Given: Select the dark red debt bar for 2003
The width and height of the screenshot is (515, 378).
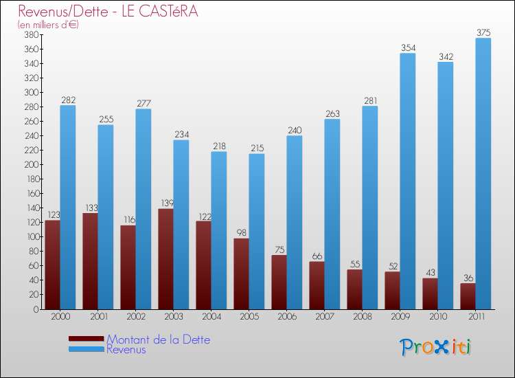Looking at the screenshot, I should [x=165, y=259].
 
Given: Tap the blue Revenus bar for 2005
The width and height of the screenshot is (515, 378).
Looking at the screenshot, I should [x=257, y=231].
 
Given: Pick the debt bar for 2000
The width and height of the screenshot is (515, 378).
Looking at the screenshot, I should [x=52, y=265].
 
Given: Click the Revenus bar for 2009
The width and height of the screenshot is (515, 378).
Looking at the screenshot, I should [x=408, y=181].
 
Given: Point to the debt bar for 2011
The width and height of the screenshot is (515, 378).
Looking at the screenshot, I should [x=468, y=296].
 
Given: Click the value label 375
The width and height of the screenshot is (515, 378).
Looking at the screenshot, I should [x=483, y=32].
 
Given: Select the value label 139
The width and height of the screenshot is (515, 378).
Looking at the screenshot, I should [x=165, y=203].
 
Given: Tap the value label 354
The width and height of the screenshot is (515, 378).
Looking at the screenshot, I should [x=408, y=47].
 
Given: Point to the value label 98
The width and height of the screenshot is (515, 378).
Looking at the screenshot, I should [x=241, y=233].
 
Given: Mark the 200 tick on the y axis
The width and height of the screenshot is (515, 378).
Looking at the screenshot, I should [x=30, y=164].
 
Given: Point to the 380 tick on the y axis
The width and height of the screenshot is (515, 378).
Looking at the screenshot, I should [x=30, y=34].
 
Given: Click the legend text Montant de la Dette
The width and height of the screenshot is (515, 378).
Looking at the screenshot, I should [x=158, y=340].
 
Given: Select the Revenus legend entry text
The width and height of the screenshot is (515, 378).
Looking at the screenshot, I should [x=126, y=349].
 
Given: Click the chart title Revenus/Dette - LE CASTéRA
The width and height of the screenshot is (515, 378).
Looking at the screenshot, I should [x=108, y=12].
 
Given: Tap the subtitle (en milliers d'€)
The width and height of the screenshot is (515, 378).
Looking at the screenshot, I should [x=49, y=25].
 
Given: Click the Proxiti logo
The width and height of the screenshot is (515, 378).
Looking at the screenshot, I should [x=435, y=347].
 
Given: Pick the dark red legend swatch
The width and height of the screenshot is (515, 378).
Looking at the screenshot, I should [x=86, y=339].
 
